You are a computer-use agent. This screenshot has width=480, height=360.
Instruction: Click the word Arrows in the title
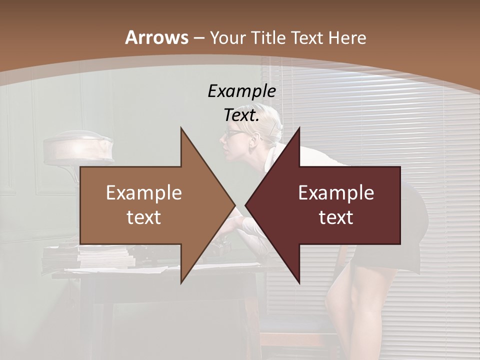pyautogui.click(x=156, y=37)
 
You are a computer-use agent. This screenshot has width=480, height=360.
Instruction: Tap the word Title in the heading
pyautogui.click(x=268, y=37)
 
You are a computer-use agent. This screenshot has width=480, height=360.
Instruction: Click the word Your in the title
pyautogui.click(x=228, y=38)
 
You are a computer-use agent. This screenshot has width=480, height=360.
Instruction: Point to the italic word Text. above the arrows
pyautogui.click(x=241, y=115)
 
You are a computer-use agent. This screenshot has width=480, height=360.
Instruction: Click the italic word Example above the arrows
pyautogui.click(x=241, y=91)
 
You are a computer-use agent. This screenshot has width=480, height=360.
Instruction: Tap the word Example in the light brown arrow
pyautogui.click(x=144, y=193)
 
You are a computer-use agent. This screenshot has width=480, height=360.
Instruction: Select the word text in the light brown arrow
pyautogui.click(x=144, y=217)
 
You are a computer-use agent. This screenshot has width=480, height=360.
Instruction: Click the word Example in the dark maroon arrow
pyautogui.click(x=336, y=193)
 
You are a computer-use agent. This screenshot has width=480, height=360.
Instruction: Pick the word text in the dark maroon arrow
pyautogui.click(x=336, y=217)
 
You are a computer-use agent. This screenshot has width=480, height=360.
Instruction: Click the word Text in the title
pyautogui.click(x=307, y=37)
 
